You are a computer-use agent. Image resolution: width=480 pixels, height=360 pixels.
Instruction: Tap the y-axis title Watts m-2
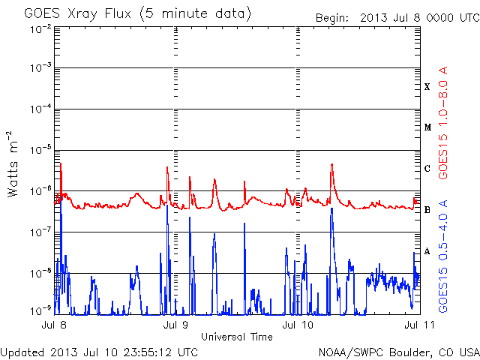point(13,164)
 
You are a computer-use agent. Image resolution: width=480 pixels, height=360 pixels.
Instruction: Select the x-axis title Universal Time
point(237,337)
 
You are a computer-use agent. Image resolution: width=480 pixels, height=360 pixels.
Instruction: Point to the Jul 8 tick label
point(54,325)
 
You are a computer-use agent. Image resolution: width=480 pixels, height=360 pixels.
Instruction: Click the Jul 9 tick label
point(175,325)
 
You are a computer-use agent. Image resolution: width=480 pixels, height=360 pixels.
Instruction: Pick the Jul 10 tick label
point(298,325)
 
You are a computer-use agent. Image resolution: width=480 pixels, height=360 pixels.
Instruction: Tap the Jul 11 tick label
point(419,325)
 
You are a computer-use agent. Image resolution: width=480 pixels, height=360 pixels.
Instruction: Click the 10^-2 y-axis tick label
point(40,30)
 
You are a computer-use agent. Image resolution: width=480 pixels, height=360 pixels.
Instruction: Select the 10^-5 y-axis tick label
point(40,150)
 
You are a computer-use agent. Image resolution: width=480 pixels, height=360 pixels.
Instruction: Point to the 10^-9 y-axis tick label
point(40,311)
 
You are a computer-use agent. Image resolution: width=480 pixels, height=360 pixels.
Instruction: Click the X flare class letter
point(427,87)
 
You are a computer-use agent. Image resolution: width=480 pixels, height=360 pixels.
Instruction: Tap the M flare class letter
point(427,127)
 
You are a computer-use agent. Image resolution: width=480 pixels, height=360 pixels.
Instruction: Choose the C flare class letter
point(427,168)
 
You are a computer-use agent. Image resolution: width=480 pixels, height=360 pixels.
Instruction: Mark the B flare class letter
point(427,210)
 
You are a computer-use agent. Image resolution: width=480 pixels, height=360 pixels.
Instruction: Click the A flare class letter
point(427,251)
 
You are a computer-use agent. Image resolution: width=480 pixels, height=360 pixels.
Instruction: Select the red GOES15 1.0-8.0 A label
point(443,123)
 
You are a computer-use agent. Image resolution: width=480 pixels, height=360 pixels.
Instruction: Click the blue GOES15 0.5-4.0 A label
point(443,256)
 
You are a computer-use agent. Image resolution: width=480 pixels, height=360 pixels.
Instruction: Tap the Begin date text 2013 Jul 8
point(390,18)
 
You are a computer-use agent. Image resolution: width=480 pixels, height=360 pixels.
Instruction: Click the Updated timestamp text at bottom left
point(99,352)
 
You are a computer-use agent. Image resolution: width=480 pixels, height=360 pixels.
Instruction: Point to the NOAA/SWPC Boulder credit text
point(399,352)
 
